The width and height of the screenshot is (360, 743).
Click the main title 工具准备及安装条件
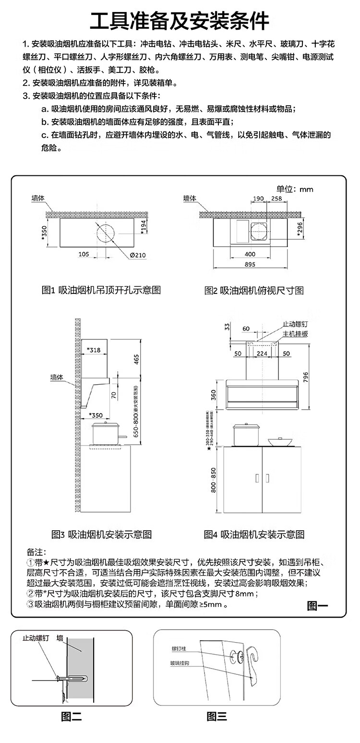[x=180, y=21]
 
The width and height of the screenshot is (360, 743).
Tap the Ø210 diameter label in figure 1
[x=137, y=255]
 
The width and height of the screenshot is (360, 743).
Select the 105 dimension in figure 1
[x=84, y=254]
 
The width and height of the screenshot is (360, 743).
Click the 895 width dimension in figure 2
[x=250, y=265]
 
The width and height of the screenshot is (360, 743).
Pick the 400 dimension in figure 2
[x=250, y=254]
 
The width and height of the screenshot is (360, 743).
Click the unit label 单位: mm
[x=294, y=189]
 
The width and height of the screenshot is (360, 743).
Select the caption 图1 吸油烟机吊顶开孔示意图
[x=101, y=290]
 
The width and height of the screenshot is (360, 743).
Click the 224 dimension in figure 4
[x=262, y=353]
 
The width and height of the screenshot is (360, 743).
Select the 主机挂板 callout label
[x=295, y=333]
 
